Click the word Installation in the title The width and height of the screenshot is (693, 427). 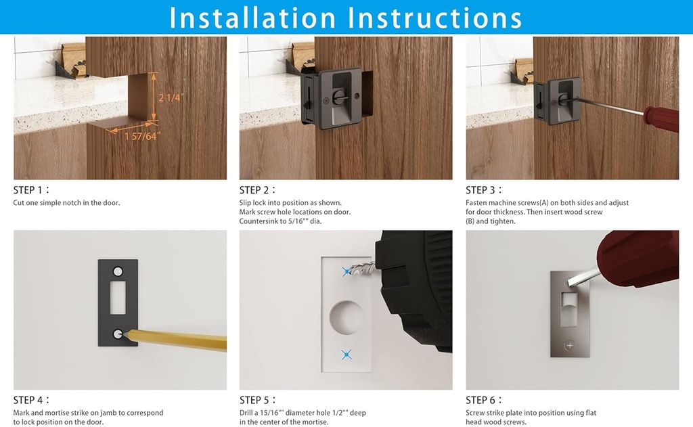252,18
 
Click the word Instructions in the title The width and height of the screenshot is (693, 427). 433,18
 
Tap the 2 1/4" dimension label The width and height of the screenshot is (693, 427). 171,97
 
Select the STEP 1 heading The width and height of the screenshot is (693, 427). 30,190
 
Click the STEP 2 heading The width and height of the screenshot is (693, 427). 256,190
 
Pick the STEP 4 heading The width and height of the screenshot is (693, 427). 30,400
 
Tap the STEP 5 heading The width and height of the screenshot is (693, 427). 256,400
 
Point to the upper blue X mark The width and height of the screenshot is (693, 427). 347,271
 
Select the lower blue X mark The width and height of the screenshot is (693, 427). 346,354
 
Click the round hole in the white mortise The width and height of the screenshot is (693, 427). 346,315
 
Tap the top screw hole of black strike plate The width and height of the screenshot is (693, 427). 118,271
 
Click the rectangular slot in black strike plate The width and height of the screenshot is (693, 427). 118,298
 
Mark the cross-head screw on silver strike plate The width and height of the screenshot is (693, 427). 569,345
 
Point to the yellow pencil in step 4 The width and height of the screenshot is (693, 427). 176,340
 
